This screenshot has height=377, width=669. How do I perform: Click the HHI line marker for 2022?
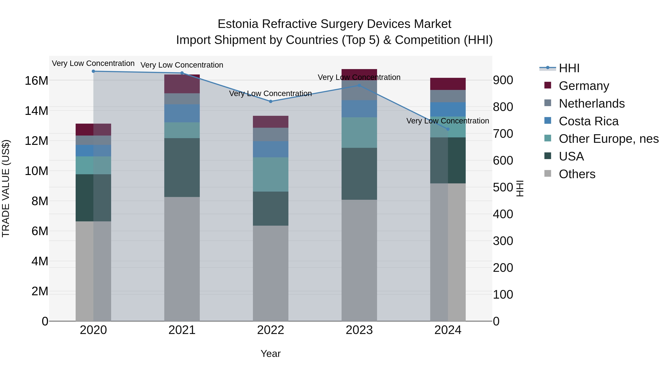click(270, 101)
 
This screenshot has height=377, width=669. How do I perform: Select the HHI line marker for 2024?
click(447, 129)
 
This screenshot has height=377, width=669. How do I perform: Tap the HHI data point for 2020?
click(93, 71)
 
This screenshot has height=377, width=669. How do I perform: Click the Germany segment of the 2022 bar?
click(270, 122)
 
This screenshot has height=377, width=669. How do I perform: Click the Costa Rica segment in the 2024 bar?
click(447, 109)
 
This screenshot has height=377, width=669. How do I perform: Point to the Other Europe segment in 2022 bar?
click(270, 174)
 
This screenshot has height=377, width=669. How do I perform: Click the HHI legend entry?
click(569, 68)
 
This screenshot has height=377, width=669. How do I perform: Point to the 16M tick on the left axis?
click(36, 81)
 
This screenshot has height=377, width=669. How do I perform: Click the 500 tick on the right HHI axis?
click(503, 187)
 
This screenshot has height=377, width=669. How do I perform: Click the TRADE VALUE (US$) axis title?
click(6, 188)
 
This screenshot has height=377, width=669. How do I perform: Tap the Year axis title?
click(270, 354)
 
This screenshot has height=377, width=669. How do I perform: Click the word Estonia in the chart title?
click(238, 24)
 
